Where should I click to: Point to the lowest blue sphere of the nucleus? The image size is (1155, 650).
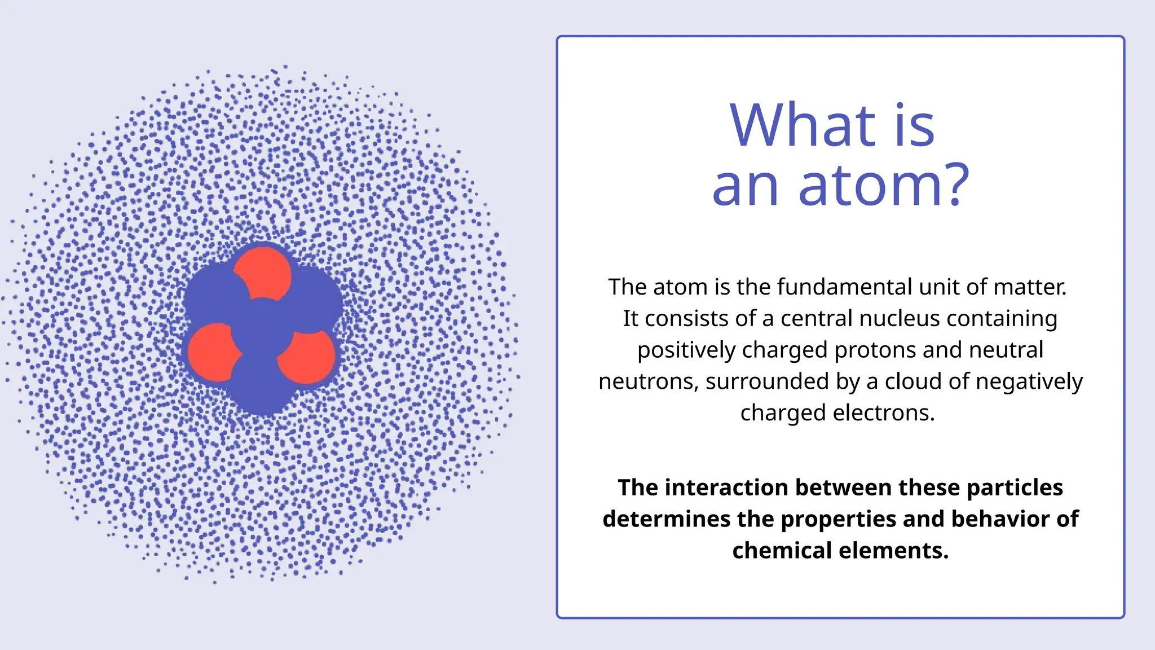[261, 387]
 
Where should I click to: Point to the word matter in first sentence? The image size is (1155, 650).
[1029, 287]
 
